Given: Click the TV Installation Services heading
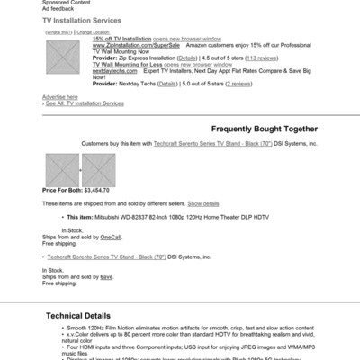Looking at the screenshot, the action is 82,21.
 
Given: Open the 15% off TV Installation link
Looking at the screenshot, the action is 121,39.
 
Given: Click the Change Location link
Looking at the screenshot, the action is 93,31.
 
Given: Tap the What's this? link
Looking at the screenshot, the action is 59,31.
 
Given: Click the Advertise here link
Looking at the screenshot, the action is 59,97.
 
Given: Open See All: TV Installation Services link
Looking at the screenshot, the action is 86,103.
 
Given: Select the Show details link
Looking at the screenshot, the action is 202,203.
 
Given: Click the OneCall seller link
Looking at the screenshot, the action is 111,237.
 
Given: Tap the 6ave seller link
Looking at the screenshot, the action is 106,276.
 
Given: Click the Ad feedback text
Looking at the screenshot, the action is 58,8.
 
